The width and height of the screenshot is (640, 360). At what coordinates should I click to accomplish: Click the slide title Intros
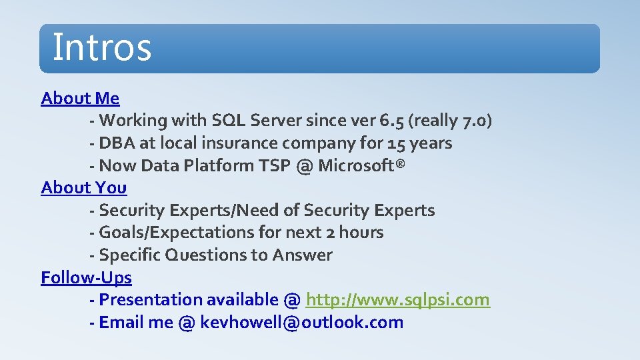pyautogui.click(x=102, y=47)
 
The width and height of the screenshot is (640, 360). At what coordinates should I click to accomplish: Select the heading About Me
pyautogui.click(x=80, y=99)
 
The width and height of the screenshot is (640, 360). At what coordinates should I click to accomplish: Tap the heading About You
pyautogui.click(x=83, y=188)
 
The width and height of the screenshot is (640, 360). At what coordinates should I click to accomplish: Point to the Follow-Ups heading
pyautogui.click(x=86, y=277)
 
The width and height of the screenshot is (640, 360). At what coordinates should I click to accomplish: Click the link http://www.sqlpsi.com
pyautogui.click(x=397, y=300)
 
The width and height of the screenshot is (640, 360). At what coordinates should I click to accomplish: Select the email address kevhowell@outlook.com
pyautogui.click(x=301, y=323)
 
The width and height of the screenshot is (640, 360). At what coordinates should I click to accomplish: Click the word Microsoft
pyautogui.click(x=359, y=166)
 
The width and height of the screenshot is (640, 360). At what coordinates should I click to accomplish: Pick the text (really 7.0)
pyautogui.click(x=451, y=121)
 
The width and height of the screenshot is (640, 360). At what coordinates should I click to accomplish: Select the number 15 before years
pyautogui.click(x=395, y=143)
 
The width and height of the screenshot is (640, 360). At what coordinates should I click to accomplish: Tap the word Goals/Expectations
pyautogui.click(x=177, y=233)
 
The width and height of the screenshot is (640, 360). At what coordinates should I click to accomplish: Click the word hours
pyautogui.click(x=361, y=233)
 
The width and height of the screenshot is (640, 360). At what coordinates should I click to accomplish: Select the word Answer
pyautogui.click(x=303, y=255)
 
